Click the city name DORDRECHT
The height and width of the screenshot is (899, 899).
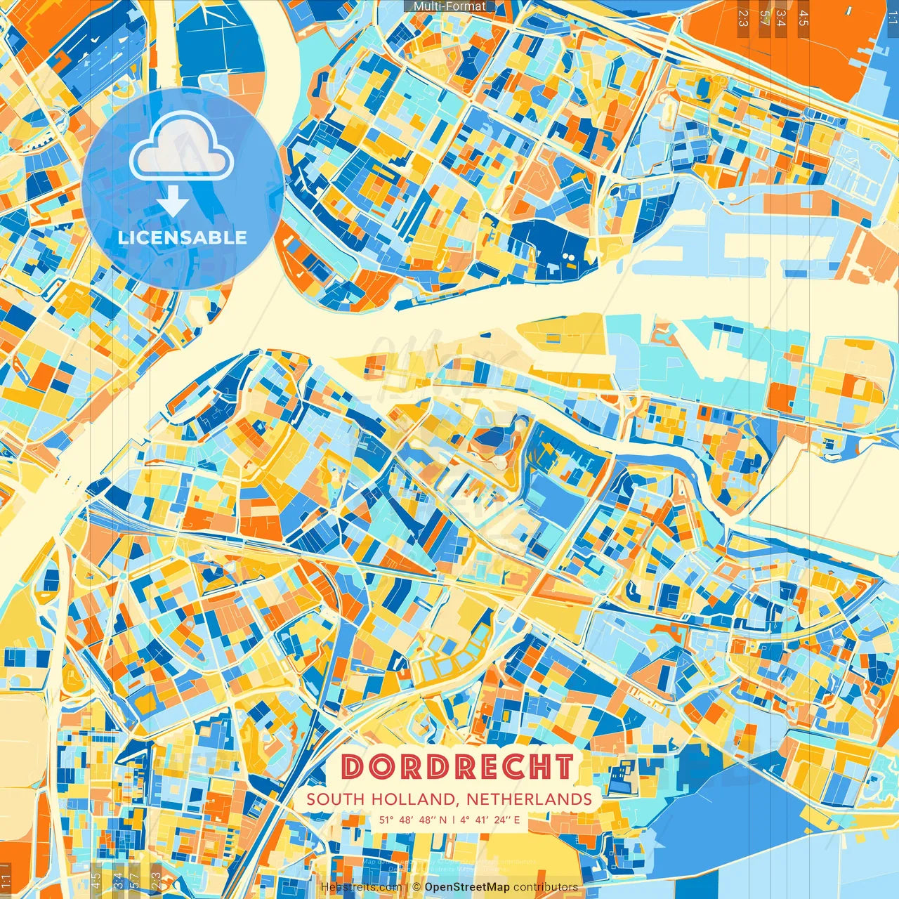click(x=458, y=766)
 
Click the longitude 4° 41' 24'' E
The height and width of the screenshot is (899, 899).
click(x=491, y=820)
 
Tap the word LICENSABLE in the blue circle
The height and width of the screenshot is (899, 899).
click(x=183, y=237)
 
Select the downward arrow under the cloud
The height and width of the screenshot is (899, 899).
click(x=172, y=204)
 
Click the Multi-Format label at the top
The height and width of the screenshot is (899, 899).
click(x=449, y=6)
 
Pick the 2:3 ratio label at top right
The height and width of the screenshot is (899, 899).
click(x=743, y=18)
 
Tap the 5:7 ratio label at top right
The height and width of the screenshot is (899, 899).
click(x=764, y=18)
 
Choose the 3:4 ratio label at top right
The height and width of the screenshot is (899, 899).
click(x=782, y=18)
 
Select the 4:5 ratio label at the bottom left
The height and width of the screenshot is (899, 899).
click(x=96, y=881)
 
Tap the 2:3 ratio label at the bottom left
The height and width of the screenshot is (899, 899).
click(x=156, y=881)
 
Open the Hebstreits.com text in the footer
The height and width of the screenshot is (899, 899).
click(x=361, y=887)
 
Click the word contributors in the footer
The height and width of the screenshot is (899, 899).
click(x=546, y=887)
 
